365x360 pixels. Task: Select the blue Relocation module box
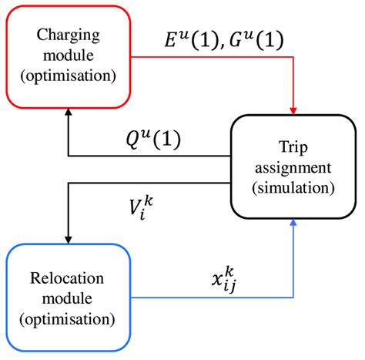point(69,295)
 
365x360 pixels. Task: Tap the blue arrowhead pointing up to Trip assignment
point(293,224)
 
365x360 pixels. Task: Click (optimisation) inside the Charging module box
point(69,77)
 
